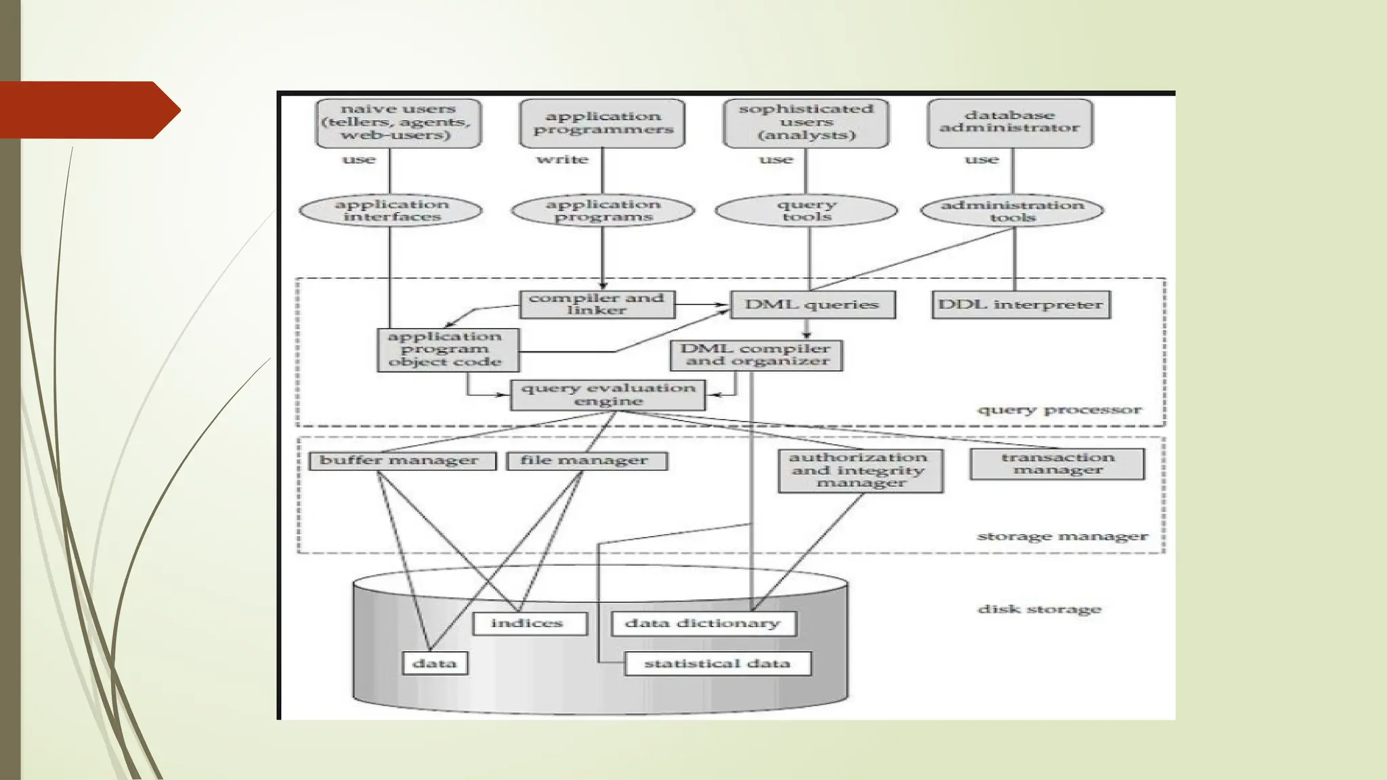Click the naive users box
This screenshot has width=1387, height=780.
point(398,123)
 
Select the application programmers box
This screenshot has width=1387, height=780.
point(602,123)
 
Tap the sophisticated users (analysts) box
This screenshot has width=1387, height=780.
point(806,123)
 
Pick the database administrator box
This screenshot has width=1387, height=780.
point(1010,123)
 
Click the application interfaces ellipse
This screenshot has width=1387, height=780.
point(391,211)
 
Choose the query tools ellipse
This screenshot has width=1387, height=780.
point(806,211)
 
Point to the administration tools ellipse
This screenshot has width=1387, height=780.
point(1012,211)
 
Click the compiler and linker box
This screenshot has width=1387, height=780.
point(597,304)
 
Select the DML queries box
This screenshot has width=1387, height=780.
point(812,305)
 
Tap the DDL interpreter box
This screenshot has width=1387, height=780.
point(1021,305)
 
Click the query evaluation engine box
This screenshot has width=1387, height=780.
point(607,395)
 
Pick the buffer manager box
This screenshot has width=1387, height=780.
point(402,461)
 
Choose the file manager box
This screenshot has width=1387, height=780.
point(586,461)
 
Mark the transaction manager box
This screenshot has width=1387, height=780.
point(1057,464)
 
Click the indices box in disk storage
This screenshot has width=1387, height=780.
point(529,623)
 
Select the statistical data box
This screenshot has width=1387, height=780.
point(717,664)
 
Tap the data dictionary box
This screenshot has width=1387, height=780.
point(703,623)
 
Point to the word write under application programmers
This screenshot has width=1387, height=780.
point(562,160)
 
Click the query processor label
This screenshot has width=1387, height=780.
point(1059,410)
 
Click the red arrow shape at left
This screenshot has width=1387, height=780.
point(88,110)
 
